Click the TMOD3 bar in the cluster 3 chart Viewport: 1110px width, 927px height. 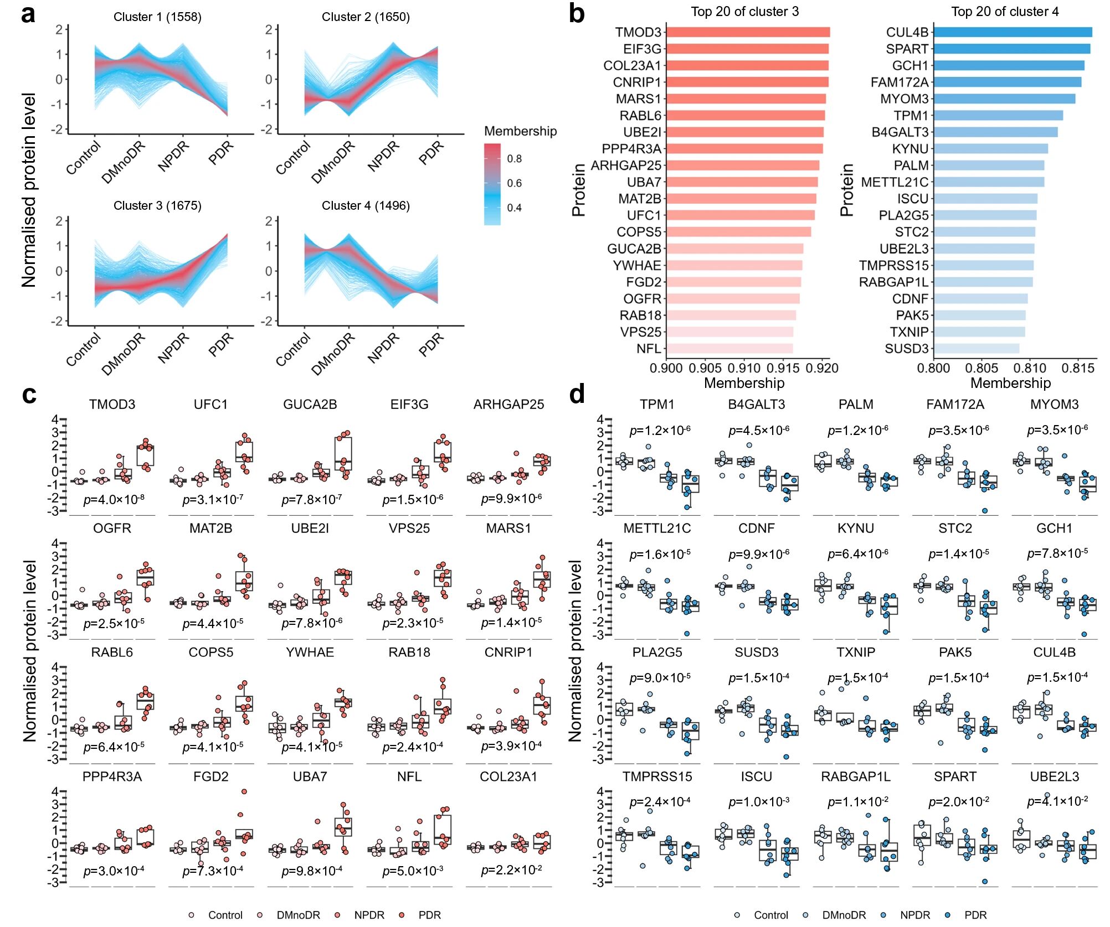click(748, 32)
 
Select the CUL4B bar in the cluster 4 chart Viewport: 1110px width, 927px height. click(1013, 32)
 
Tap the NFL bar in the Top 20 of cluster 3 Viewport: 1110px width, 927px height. click(729, 349)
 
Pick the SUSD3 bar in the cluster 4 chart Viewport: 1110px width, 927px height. click(976, 349)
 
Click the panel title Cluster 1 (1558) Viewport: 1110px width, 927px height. click(157, 17)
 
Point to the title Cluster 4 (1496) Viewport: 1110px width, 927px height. click(366, 206)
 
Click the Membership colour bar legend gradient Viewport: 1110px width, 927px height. click(492, 184)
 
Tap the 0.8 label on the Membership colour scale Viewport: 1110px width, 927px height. click(514, 159)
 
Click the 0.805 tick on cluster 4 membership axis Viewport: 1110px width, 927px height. click(981, 368)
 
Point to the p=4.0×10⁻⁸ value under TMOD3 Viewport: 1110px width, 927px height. click(114, 500)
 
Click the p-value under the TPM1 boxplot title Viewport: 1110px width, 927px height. click(660, 431)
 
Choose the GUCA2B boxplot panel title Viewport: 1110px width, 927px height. click(310, 405)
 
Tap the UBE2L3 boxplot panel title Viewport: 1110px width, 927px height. click(1054, 776)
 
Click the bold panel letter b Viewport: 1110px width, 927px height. click(577, 13)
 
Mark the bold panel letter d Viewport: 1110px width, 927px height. click(577, 395)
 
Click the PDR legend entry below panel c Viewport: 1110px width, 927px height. click(429, 915)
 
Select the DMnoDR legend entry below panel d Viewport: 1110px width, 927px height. click(844, 915)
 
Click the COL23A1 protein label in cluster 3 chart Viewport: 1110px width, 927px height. click(632, 66)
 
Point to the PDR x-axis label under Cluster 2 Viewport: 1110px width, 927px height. click(431, 153)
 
